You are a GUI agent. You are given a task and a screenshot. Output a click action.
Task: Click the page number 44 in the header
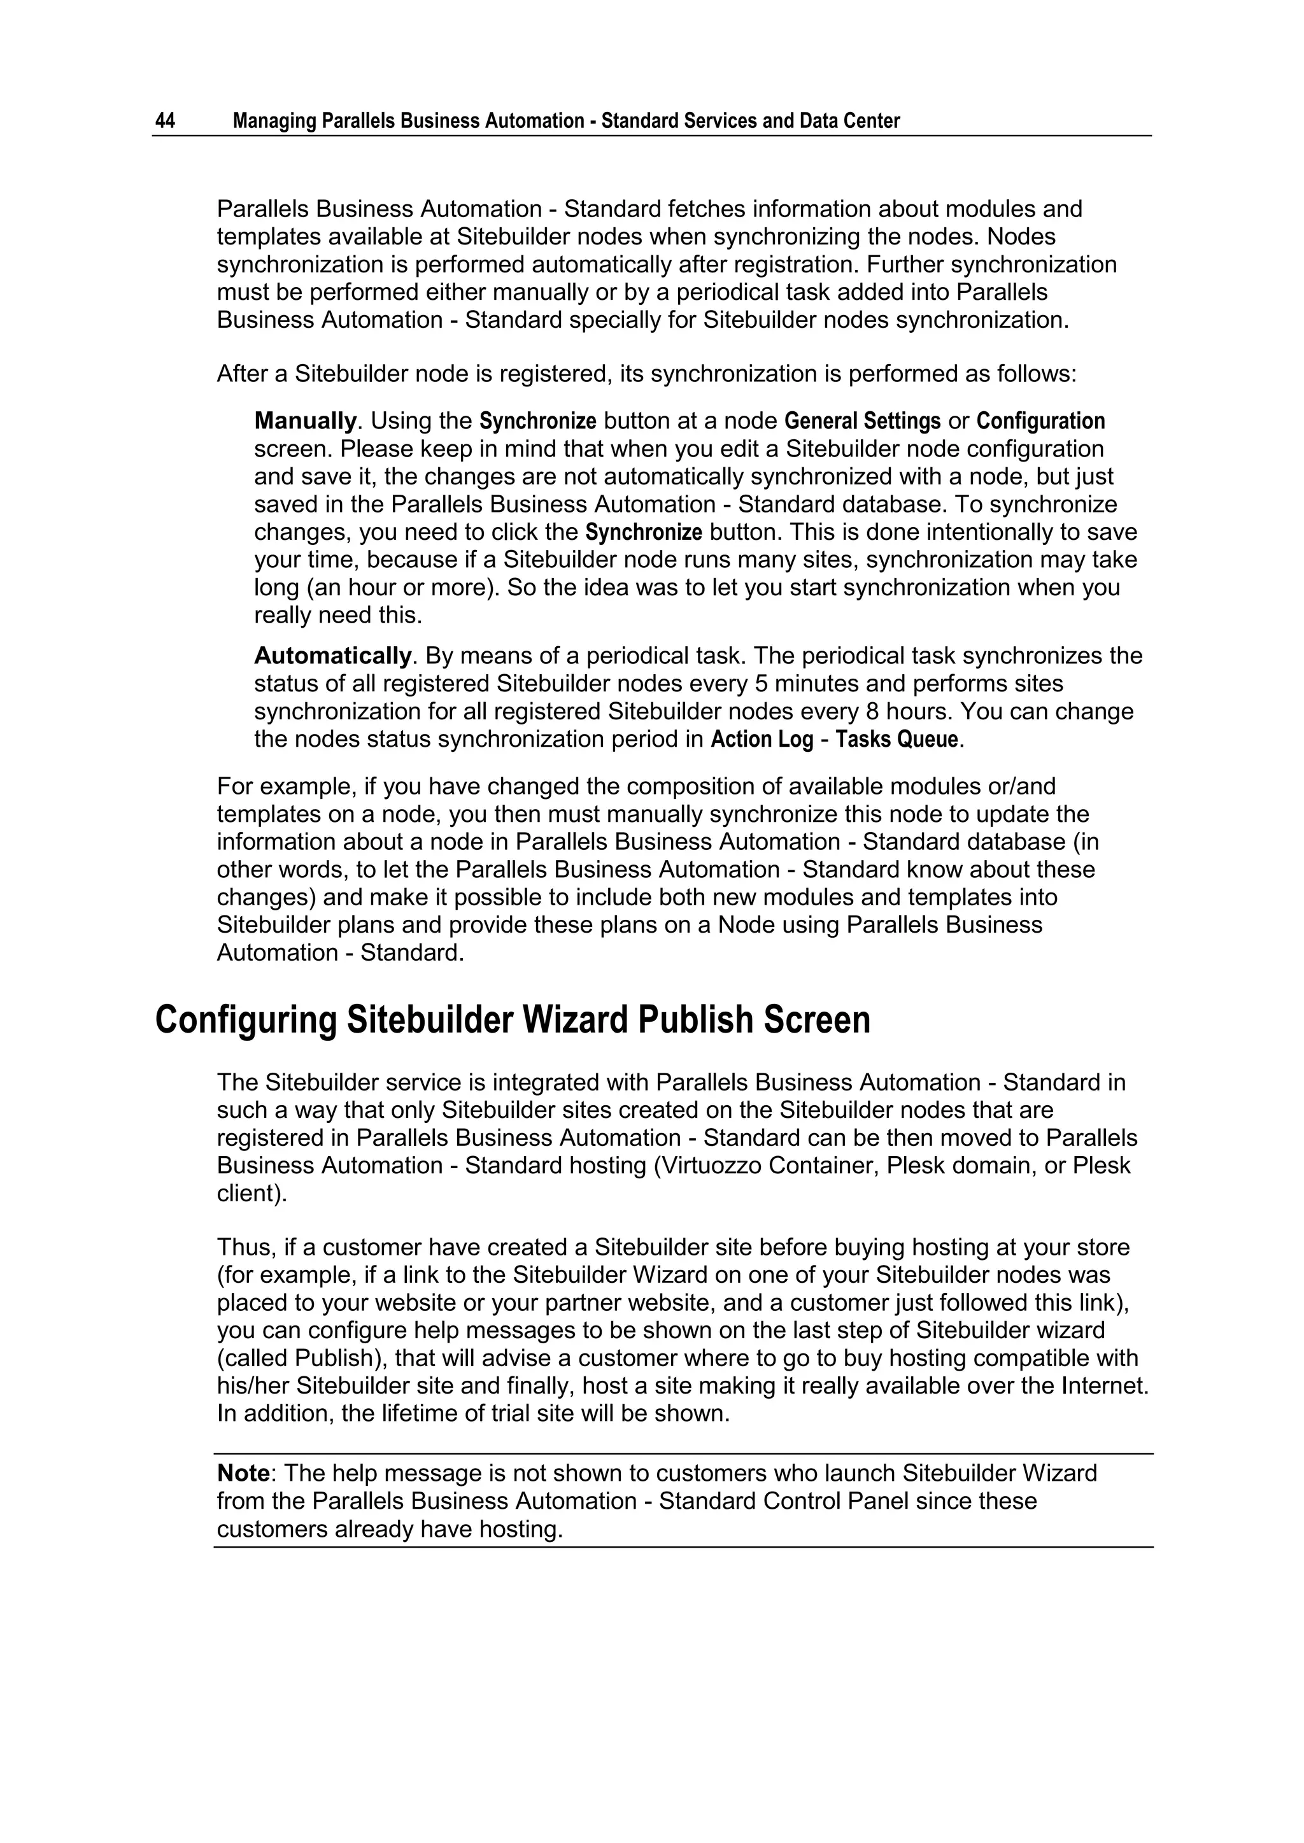[x=165, y=121]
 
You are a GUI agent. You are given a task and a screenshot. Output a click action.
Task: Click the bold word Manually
[x=305, y=421]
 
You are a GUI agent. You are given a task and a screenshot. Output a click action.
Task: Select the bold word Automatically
[x=332, y=656]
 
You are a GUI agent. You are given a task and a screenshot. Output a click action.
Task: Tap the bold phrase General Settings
[x=861, y=421]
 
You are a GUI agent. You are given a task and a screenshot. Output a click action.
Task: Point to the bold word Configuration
[x=1040, y=421]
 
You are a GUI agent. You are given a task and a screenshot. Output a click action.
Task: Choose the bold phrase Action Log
[x=762, y=739]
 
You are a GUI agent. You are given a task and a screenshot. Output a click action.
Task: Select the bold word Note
[x=243, y=1473]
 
